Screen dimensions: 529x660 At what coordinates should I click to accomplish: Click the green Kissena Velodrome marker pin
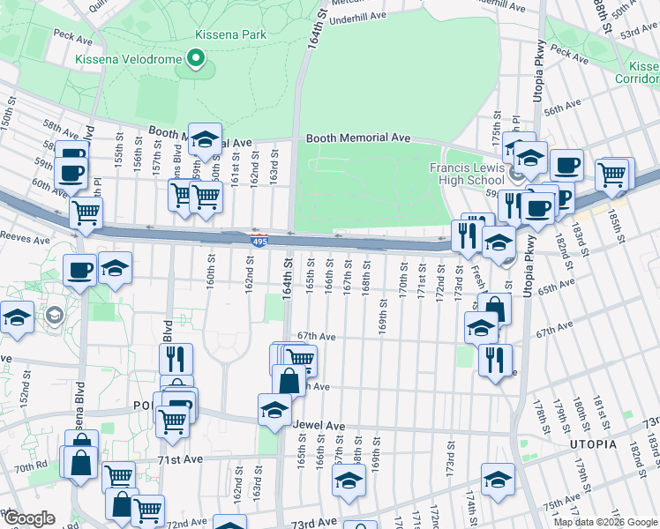[x=196, y=60]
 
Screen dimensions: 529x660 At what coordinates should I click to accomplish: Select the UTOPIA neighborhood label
[x=589, y=443]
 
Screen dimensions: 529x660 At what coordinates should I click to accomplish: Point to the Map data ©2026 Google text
[x=605, y=522]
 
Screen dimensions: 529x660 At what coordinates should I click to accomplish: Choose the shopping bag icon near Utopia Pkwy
[x=496, y=309]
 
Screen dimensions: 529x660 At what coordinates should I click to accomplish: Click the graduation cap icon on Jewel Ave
[x=274, y=409]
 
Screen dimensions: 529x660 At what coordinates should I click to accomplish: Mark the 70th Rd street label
[x=29, y=466]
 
